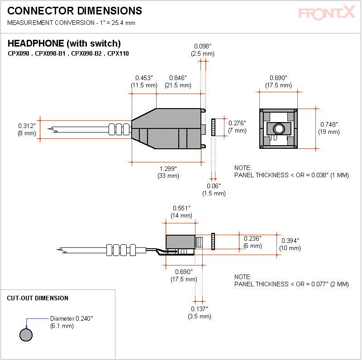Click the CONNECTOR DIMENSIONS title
click(x=75, y=11)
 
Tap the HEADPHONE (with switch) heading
click(x=64, y=43)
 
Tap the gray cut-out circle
click(x=26, y=335)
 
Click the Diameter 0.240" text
click(x=71, y=318)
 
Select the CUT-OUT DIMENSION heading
click(x=38, y=298)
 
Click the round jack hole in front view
click(x=279, y=128)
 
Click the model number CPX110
click(x=118, y=53)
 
